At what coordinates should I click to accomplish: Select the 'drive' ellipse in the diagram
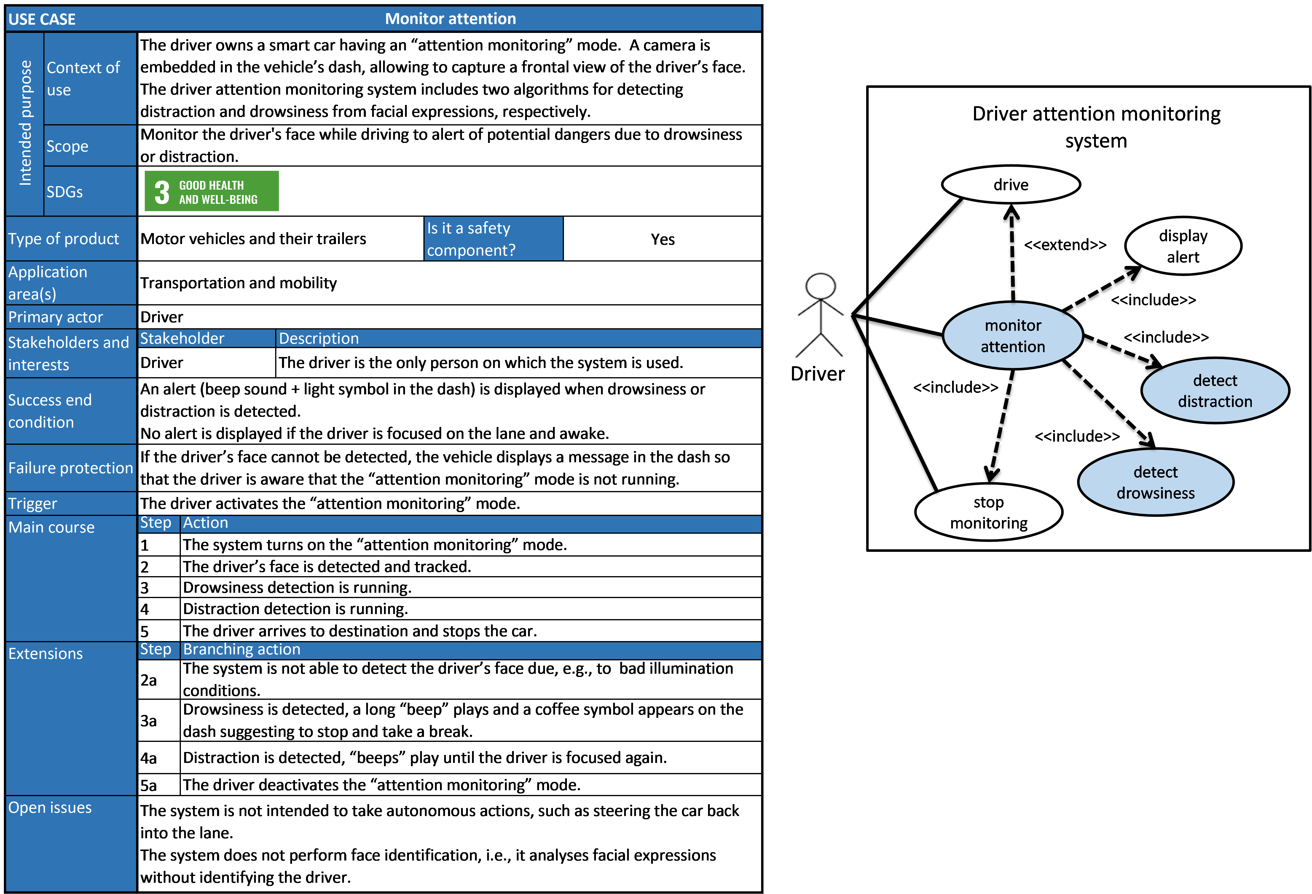click(1010, 185)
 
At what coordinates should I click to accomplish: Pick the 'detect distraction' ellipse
click(1215, 390)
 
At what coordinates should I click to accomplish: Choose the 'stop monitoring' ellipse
click(989, 512)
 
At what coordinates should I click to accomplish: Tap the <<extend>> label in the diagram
click(1065, 245)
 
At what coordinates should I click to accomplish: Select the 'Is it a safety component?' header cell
click(493, 239)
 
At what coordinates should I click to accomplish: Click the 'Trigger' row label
click(33, 503)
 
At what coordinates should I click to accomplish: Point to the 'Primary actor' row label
click(55, 317)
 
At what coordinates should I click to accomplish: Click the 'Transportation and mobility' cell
click(238, 283)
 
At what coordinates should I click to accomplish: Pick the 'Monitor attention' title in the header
click(450, 19)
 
